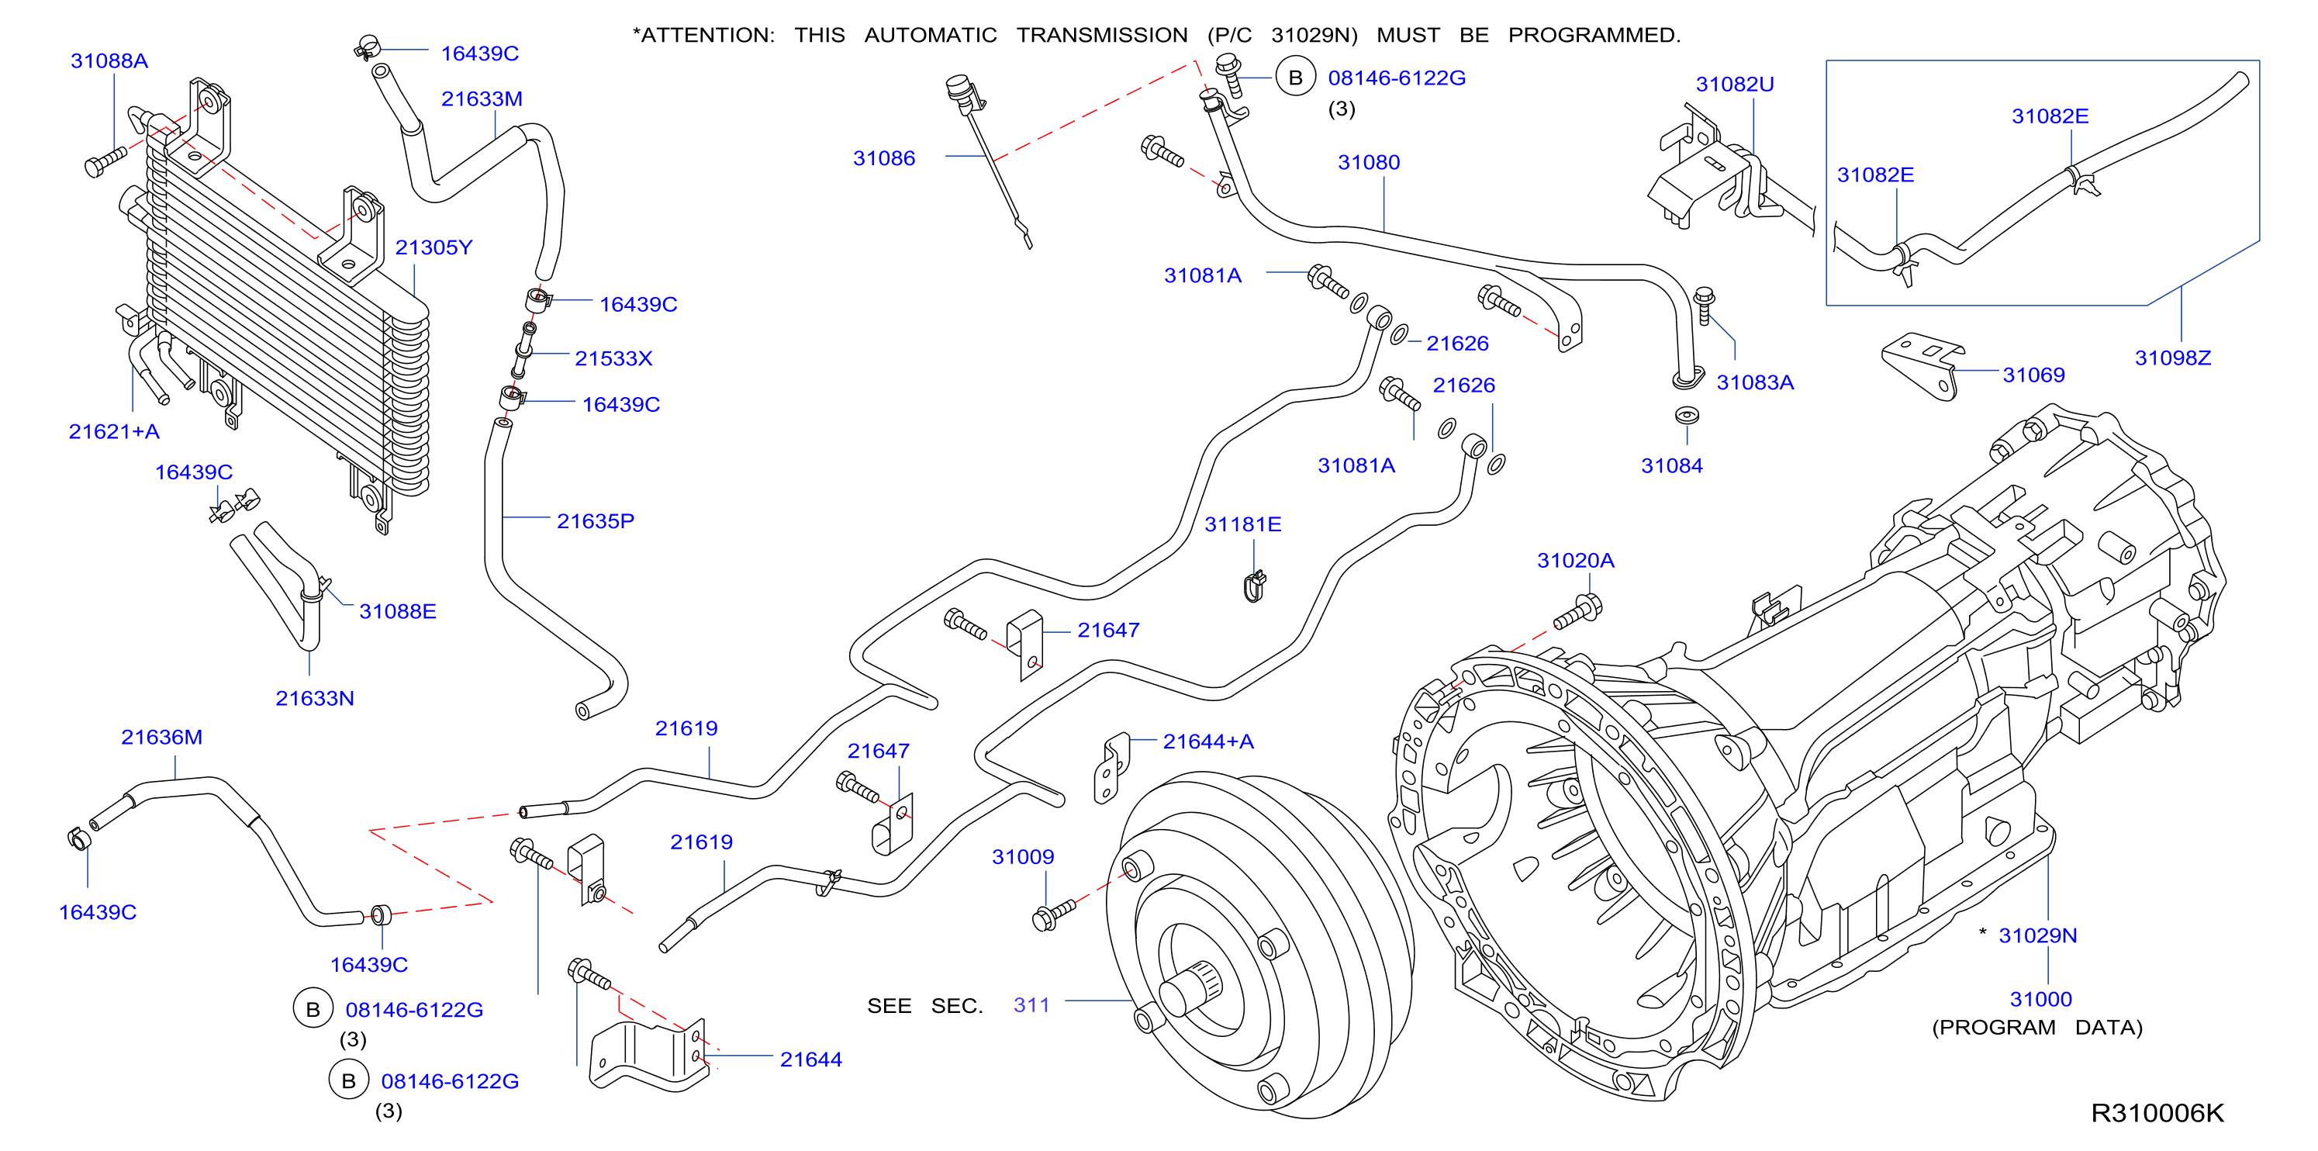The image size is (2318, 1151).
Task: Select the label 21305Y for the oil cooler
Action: click(x=434, y=247)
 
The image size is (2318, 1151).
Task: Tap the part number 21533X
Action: click(x=613, y=358)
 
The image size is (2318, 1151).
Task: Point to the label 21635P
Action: click(x=596, y=521)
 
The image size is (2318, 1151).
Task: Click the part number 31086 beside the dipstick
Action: click(x=883, y=158)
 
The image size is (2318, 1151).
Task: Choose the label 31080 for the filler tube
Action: click(x=1369, y=163)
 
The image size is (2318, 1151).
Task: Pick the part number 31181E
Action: click(x=1242, y=524)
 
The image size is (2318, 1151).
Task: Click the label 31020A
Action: click(x=1576, y=561)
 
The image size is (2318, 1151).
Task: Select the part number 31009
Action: click(x=1023, y=857)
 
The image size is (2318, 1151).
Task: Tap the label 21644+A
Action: click(x=1208, y=741)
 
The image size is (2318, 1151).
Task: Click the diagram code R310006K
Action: click(x=2157, y=1113)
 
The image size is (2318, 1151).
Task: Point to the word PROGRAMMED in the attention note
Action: click(x=1594, y=35)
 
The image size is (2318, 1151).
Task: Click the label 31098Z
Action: click(x=2173, y=358)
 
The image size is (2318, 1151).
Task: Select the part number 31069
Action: click(x=2033, y=375)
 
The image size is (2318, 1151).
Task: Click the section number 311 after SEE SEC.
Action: click(x=1031, y=1005)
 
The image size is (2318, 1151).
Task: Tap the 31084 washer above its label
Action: click(x=1686, y=416)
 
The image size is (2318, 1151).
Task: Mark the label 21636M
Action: click(x=162, y=737)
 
